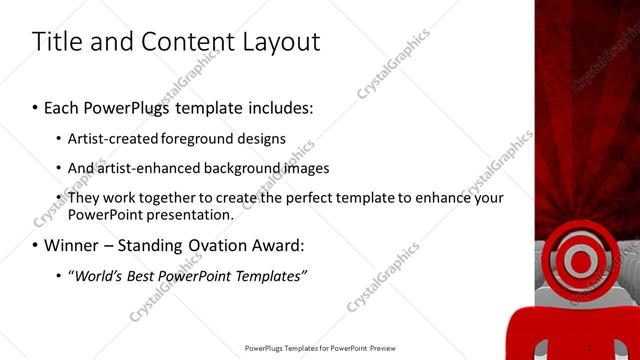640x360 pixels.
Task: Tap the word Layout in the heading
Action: tap(282, 42)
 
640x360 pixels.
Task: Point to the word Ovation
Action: tap(229, 245)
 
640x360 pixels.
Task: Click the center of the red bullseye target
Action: tap(580, 261)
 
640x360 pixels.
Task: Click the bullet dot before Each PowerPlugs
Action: tap(36, 107)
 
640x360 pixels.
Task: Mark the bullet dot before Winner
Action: tap(36, 246)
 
